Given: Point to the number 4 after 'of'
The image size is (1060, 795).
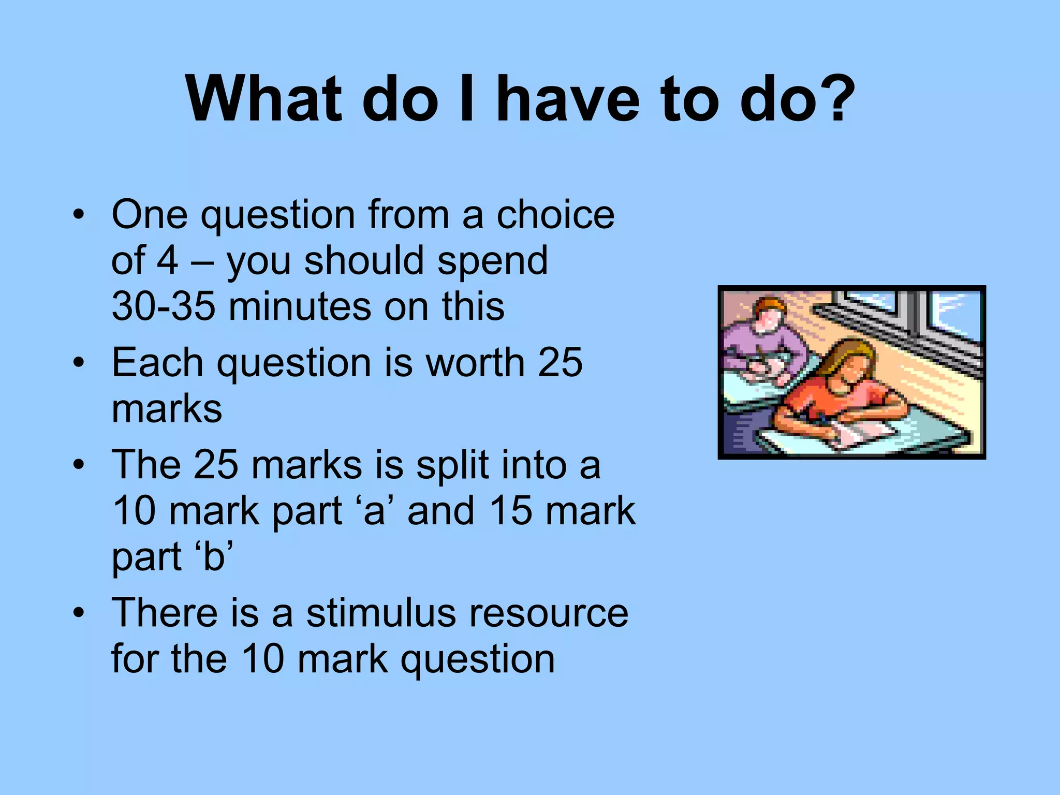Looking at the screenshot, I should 167,260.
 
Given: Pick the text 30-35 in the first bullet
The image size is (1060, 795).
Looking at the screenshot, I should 163,306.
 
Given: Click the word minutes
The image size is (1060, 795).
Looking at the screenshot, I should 300,306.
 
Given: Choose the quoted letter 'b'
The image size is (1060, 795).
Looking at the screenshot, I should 214,556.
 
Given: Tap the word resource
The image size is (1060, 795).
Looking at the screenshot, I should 549,613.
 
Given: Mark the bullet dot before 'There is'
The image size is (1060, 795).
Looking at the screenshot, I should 78,613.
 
